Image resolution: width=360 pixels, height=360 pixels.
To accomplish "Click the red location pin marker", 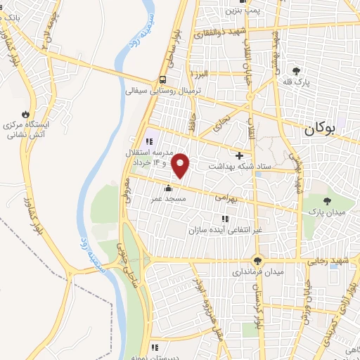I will coord(181,166).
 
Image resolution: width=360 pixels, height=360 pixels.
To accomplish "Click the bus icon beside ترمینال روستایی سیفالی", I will coord(162,79).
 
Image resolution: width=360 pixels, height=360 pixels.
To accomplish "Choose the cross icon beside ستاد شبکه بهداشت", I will coord(240,155).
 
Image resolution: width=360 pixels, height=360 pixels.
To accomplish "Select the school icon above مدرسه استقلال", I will coord(148,141).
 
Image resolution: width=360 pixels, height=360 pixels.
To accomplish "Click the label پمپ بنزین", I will coord(243,11).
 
